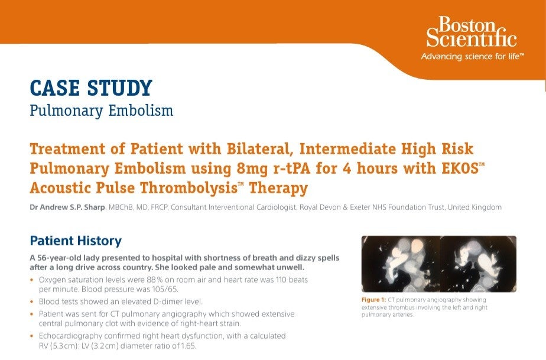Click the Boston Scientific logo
coord(471,33)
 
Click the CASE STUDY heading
coord(90,88)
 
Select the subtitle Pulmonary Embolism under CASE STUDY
coord(102,111)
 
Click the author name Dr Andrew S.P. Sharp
coord(68,207)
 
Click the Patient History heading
coord(76,241)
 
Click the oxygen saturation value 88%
coord(164,278)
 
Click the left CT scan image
coord(400,263)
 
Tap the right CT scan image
coord(479,263)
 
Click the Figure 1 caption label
coord(373,300)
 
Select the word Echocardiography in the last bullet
coord(70,335)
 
